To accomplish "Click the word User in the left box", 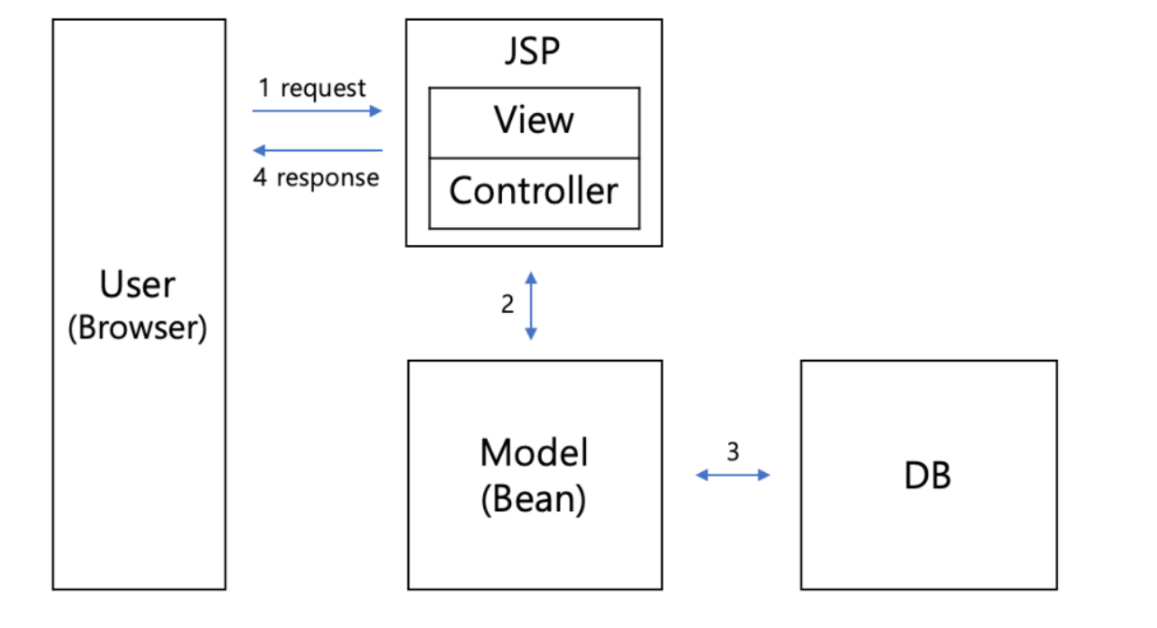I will tap(137, 285).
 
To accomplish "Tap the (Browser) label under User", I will tap(137, 328).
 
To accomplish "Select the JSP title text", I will tap(533, 51).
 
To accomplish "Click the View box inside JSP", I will tap(534, 121).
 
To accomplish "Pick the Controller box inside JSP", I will tap(534, 192).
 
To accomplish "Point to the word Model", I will tap(534, 453).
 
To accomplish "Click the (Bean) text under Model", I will tap(534, 499).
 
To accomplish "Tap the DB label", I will tap(927, 477).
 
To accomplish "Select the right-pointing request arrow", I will tap(318, 110).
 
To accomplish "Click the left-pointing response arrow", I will tap(318, 150).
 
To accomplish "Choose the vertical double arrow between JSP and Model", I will tap(531, 305).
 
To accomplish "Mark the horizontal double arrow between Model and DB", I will tap(733, 475).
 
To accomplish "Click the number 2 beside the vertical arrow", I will tap(507, 304).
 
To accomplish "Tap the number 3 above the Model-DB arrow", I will tap(733, 451).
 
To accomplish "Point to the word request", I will tap(323, 88).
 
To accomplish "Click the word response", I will tap(328, 178).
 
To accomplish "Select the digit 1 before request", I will tap(264, 88).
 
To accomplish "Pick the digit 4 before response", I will tap(261, 178).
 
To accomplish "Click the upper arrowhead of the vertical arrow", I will tap(531, 277).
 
